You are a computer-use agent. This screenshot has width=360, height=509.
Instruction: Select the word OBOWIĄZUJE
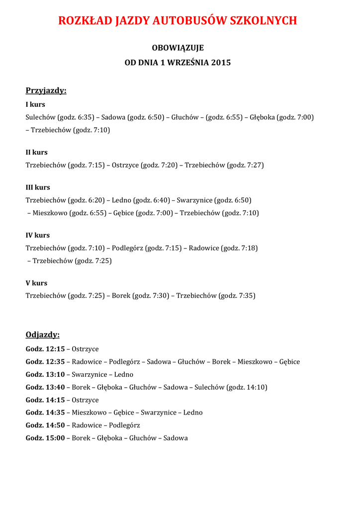click(x=178, y=48)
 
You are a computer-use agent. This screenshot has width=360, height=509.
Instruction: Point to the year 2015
click(x=221, y=63)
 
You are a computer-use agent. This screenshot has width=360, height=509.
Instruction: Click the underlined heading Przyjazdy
click(x=46, y=90)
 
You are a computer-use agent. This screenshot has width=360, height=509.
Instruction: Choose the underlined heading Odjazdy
click(x=42, y=335)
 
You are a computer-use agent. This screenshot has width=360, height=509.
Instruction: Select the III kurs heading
click(x=38, y=187)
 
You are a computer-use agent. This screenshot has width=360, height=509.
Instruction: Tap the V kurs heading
click(x=36, y=283)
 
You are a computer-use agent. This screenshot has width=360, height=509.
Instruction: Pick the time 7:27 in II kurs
click(x=253, y=165)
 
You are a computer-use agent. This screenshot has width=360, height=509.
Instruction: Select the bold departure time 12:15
click(x=55, y=349)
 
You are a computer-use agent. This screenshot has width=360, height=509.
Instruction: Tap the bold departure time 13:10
click(x=55, y=374)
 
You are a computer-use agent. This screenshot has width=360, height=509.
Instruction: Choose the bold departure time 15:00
click(x=55, y=438)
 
